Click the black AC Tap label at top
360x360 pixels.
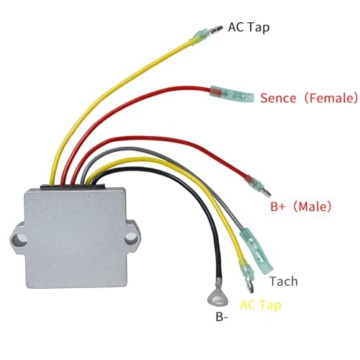(x=248, y=27)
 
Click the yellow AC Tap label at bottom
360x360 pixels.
(x=261, y=306)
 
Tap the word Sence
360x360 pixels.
(x=278, y=98)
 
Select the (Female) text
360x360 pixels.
(x=331, y=98)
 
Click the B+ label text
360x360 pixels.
(x=278, y=207)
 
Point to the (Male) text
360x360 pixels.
(x=312, y=207)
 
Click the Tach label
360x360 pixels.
(x=284, y=281)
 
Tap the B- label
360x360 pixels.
(x=222, y=318)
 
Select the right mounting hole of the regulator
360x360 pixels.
(x=131, y=238)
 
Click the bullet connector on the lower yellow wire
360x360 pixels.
(x=247, y=276)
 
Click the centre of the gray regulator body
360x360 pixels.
(x=75, y=238)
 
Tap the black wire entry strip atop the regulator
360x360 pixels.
(x=72, y=186)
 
